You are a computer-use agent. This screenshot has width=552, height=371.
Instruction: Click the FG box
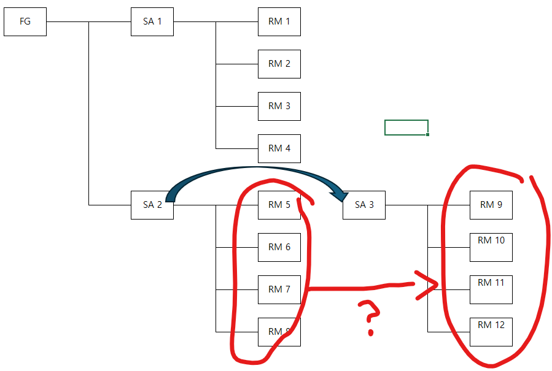point(25,22)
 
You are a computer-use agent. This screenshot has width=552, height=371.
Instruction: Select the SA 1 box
point(152,22)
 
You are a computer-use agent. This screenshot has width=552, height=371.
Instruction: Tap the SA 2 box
point(152,205)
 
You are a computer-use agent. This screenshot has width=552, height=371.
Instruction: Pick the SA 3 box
point(364,205)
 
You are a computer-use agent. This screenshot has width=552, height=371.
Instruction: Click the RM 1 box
point(279,22)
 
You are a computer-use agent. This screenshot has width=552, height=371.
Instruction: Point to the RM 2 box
point(279,64)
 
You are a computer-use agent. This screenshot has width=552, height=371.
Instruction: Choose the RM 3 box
point(279,106)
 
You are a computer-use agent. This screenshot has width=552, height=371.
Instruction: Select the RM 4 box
point(279,148)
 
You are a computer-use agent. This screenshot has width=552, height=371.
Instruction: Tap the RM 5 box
point(279,205)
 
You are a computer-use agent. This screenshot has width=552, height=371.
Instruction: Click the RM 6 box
point(279,247)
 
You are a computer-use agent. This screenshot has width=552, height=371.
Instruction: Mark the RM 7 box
point(279,290)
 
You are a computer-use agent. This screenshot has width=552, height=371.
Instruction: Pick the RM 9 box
point(491,205)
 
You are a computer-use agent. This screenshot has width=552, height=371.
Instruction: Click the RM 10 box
point(491,247)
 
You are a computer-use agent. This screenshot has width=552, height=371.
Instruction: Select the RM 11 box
point(491,290)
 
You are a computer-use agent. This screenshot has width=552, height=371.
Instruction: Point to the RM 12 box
point(491,332)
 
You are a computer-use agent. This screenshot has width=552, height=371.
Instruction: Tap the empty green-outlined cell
point(406,128)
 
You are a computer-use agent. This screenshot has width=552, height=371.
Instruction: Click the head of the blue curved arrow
point(339,196)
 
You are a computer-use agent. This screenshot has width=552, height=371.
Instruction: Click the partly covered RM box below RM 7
point(279,332)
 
